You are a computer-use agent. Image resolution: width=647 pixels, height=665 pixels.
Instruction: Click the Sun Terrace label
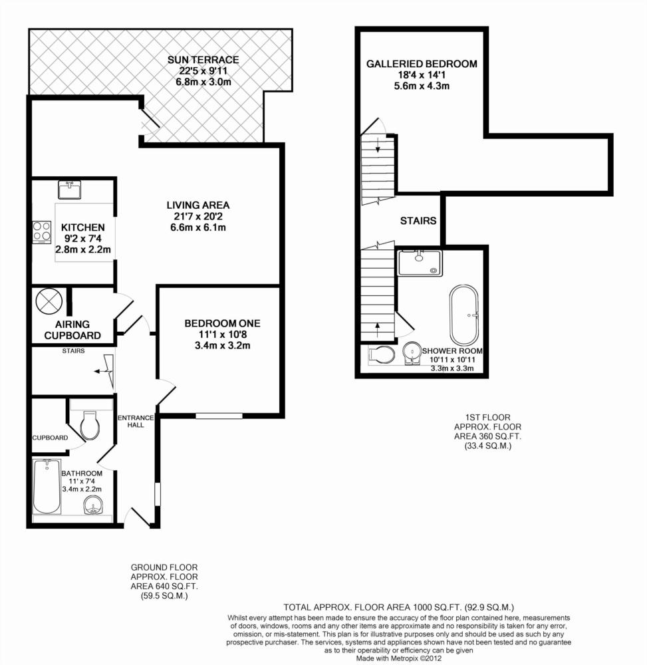click(203, 60)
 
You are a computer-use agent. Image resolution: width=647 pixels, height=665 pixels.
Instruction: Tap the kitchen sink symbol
click(70, 190)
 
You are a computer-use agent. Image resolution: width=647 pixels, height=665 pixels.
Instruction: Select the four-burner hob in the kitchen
click(42, 232)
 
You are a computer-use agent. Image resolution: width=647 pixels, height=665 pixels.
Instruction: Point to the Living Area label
click(198, 205)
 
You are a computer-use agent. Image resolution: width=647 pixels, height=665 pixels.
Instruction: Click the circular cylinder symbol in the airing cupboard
click(49, 301)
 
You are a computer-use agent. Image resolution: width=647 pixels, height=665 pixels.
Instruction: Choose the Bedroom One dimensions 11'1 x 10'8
click(223, 334)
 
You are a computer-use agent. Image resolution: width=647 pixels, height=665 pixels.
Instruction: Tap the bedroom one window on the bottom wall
click(219, 416)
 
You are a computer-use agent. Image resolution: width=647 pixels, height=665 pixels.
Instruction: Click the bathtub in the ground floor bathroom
click(47, 487)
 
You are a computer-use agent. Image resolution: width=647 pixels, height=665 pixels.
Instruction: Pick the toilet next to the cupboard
click(90, 425)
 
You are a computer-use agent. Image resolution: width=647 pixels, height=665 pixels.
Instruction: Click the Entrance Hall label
click(136, 421)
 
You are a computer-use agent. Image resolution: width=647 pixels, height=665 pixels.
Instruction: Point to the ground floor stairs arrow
click(104, 371)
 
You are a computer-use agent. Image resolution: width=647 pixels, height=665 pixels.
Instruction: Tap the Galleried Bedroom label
click(422, 64)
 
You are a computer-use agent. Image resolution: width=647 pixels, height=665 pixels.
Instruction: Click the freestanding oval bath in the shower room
click(464, 315)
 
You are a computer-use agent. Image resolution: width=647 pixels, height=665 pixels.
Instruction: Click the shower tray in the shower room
click(420, 263)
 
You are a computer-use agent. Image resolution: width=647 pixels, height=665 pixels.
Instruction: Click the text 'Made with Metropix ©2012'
click(398, 658)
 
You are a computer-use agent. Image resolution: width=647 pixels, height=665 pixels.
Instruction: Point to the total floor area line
click(398, 607)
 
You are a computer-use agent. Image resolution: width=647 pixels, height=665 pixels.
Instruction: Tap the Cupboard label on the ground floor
click(50, 438)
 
